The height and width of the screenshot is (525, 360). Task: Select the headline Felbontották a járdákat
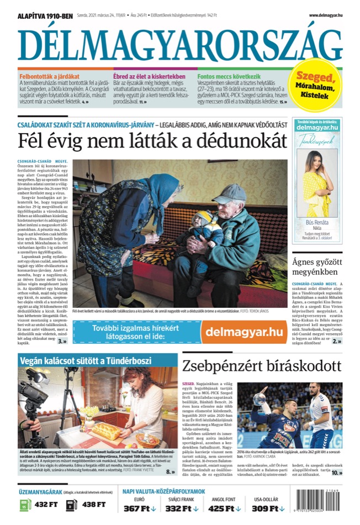pos(50,76)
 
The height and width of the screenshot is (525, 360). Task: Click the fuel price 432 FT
pos(46,504)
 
